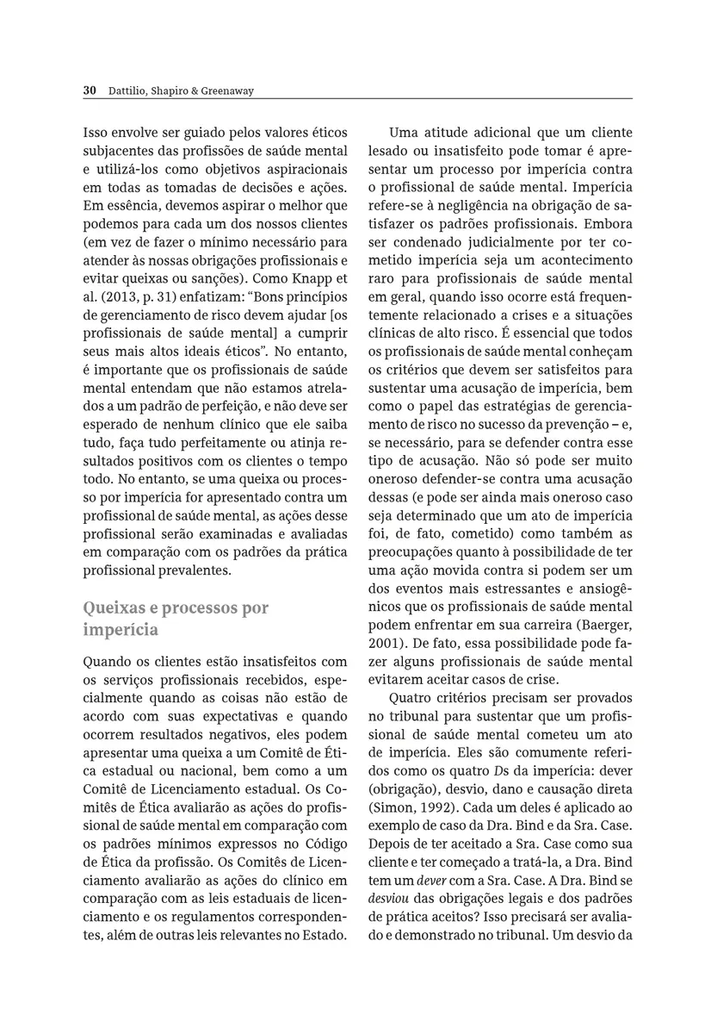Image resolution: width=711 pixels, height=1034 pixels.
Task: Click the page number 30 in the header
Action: click(x=89, y=90)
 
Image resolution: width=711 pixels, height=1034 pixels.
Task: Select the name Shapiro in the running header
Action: click(x=158, y=90)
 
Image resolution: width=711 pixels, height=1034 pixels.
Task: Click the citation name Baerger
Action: click(x=605, y=625)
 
